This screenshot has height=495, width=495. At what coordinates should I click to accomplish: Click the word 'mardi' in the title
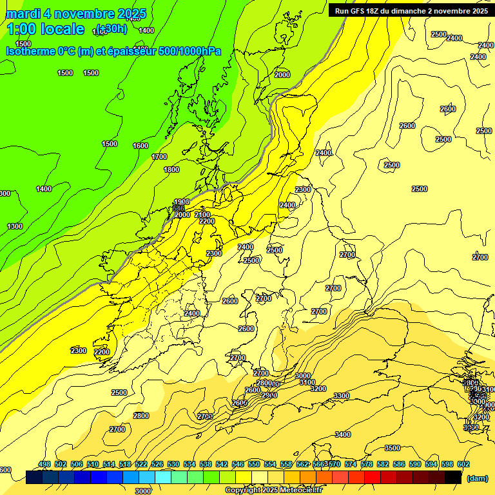coord(23,14)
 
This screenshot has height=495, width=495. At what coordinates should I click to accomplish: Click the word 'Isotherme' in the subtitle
coord(30,51)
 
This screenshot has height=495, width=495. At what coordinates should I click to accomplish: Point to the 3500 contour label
coord(392,448)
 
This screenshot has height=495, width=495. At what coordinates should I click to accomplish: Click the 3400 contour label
coord(343,434)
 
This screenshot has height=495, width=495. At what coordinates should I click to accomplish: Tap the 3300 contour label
coord(342,396)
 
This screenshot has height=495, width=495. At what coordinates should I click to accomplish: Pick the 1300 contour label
coord(15,226)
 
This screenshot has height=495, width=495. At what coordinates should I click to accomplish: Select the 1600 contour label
coord(141,146)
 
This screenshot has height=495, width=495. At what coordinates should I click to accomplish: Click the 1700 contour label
coord(159,157)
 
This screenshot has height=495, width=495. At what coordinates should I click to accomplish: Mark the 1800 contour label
coord(171,170)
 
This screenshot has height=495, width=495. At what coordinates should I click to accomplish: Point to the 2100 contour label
coord(202,215)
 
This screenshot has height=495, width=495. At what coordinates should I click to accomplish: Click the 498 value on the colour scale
coord(44,464)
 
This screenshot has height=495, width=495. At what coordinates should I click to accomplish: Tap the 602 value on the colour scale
coord(463,464)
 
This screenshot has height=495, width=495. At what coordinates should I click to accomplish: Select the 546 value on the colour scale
coord(238,464)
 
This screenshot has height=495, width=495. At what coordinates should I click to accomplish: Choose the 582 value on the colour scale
coord(367,464)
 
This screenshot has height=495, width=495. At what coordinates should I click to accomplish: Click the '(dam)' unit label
coord(477,478)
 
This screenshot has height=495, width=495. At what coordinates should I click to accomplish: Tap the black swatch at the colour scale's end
coord(453,477)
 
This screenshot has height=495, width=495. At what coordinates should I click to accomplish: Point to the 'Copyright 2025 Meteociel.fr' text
coord(274,490)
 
